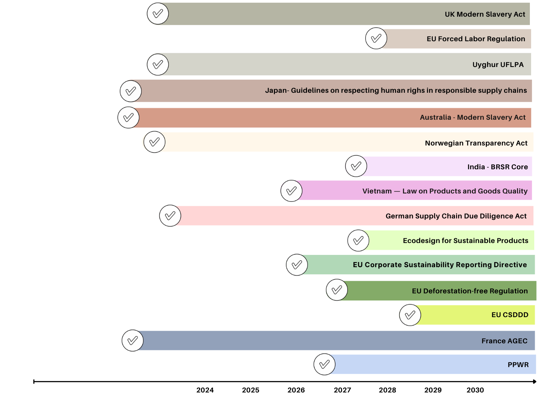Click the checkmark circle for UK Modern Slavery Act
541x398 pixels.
tap(158, 14)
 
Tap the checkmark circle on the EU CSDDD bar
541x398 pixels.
tap(410, 315)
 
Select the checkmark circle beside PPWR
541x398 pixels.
tap(324, 364)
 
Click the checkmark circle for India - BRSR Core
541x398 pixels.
tap(356, 166)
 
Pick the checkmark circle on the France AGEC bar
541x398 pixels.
tap(132, 341)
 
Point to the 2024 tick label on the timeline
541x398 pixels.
tap(205, 390)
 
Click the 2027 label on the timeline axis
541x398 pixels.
tap(342, 390)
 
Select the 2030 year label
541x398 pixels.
tap(475, 390)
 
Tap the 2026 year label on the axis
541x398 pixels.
tap(296, 390)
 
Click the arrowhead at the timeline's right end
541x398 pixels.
tap(534, 382)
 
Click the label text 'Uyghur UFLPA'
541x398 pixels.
tap(498, 65)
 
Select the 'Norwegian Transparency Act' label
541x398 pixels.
tap(476, 143)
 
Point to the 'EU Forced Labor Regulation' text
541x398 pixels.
tap(476, 39)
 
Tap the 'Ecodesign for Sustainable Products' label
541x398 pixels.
tap(465, 241)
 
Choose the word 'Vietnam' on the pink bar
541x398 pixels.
tap(377, 191)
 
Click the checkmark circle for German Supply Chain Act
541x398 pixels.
tap(170, 216)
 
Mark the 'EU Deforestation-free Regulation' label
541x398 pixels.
tap(470, 291)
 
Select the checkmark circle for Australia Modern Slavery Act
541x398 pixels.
tap(129, 117)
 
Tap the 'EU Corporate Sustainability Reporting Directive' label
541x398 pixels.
tap(440, 265)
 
